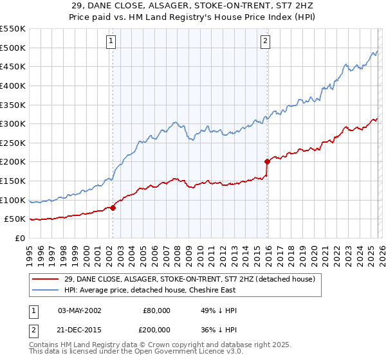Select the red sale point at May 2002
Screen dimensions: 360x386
(113, 208)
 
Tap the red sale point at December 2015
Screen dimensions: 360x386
(267, 162)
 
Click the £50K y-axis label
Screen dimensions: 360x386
(15, 219)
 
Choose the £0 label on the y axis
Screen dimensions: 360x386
(19, 239)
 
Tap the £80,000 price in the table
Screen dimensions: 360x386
(156, 310)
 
